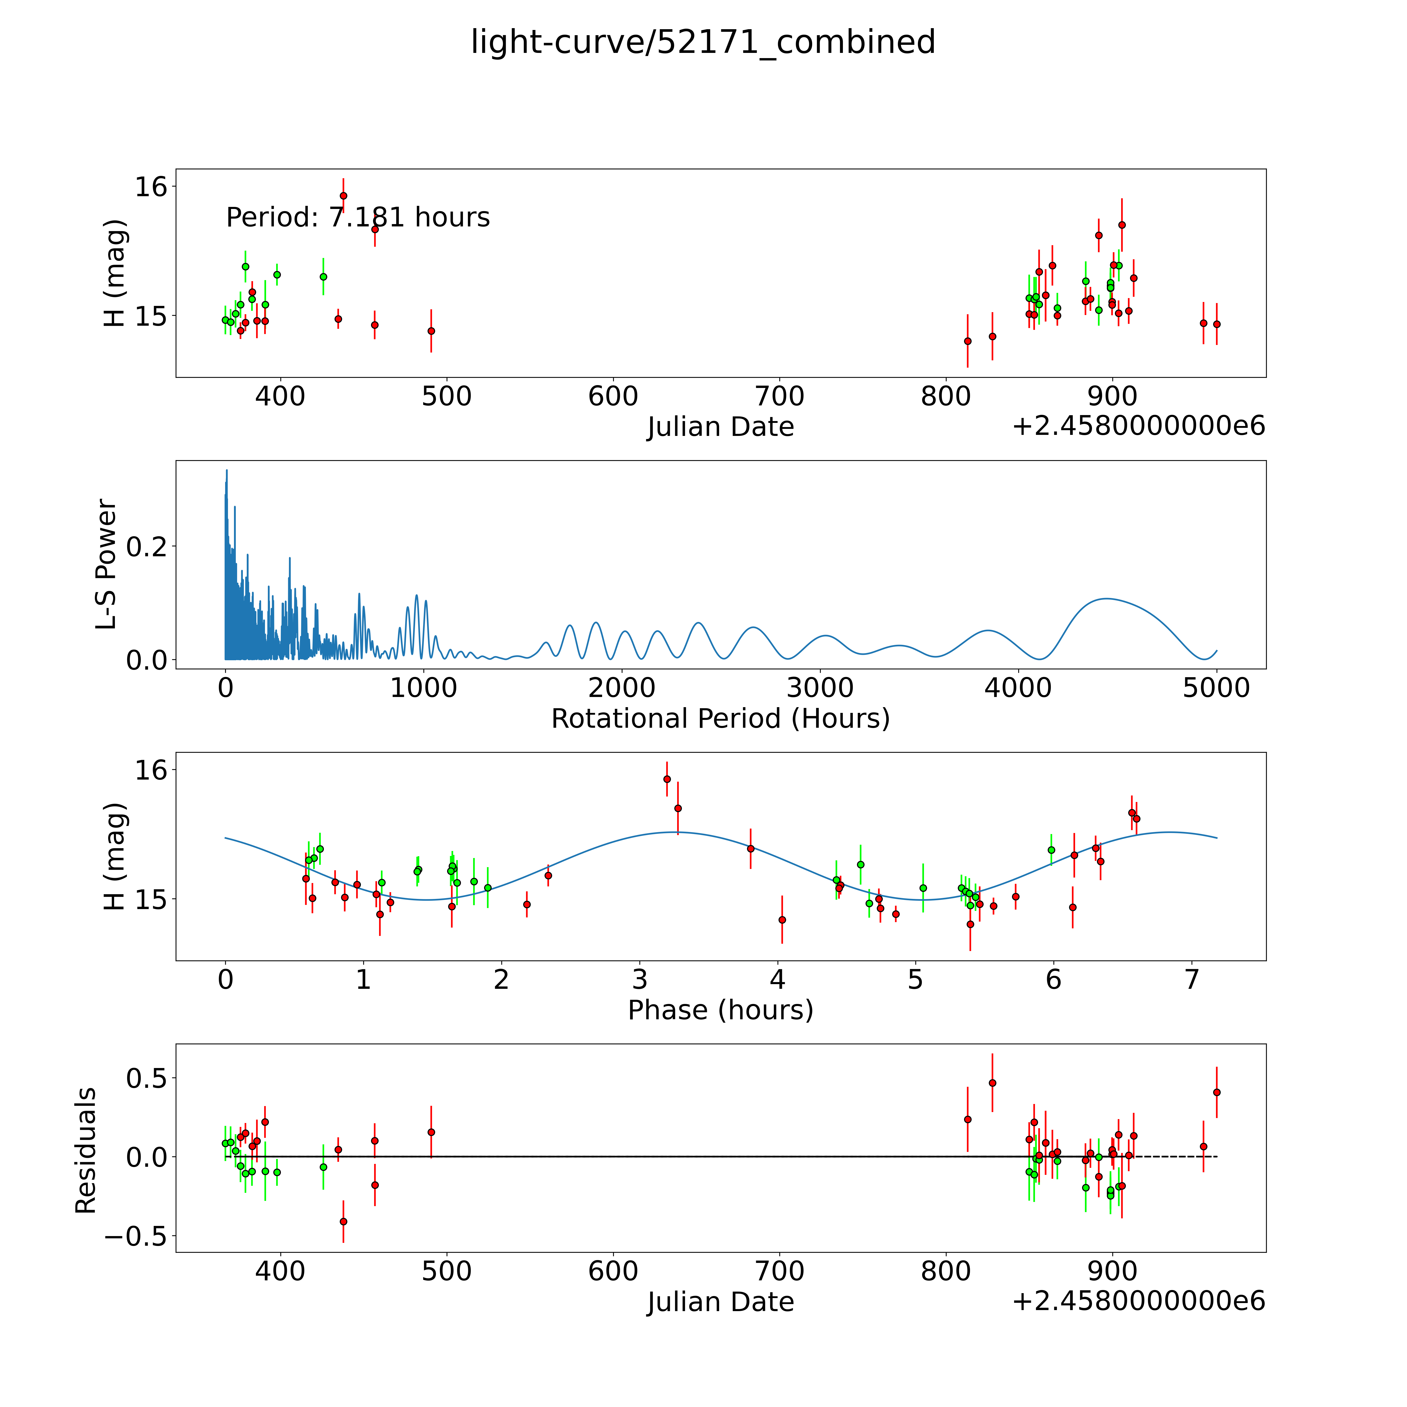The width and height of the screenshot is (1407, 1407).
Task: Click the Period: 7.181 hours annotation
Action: coord(357,217)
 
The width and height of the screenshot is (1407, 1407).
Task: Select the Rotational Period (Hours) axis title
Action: coord(720,719)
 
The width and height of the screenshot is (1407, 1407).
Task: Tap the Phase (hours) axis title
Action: coord(720,1010)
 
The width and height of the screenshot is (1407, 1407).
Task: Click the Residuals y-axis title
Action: coord(86,1151)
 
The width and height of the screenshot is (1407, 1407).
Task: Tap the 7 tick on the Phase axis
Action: coord(1192,979)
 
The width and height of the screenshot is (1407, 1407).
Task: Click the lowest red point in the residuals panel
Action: coord(343,1221)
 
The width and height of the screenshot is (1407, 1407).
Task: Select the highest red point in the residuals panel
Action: coord(992,1083)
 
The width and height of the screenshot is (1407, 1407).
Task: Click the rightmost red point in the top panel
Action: coord(1216,324)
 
